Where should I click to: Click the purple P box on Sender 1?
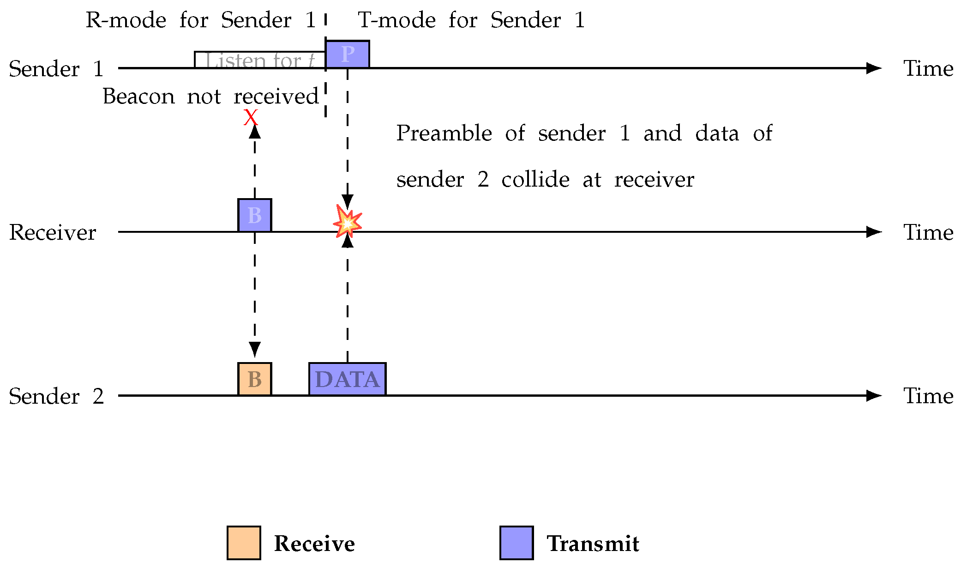point(347,54)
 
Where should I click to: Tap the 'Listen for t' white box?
point(259,60)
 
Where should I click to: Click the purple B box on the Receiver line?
point(254,215)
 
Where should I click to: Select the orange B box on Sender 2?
point(254,379)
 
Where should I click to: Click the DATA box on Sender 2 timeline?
point(347,379)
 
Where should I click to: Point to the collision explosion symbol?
point(347,222)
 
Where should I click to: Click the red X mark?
point(251,117)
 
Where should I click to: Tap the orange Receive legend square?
point(244,543)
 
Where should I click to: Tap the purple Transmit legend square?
point(517,543)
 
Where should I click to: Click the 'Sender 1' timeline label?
point(56,69)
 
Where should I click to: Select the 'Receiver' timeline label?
point(53,232)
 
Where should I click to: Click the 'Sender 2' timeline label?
point(56,396)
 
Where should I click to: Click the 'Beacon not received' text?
point(210,97)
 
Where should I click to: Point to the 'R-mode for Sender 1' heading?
point(200,20)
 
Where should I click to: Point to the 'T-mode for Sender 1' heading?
point(471,20)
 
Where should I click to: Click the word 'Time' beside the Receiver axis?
point(928,232)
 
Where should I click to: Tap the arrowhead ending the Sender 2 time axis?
point(873,395)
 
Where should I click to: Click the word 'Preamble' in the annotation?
point(444,133)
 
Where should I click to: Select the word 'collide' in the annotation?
point(535,180)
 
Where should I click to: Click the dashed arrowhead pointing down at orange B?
point(254,349)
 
